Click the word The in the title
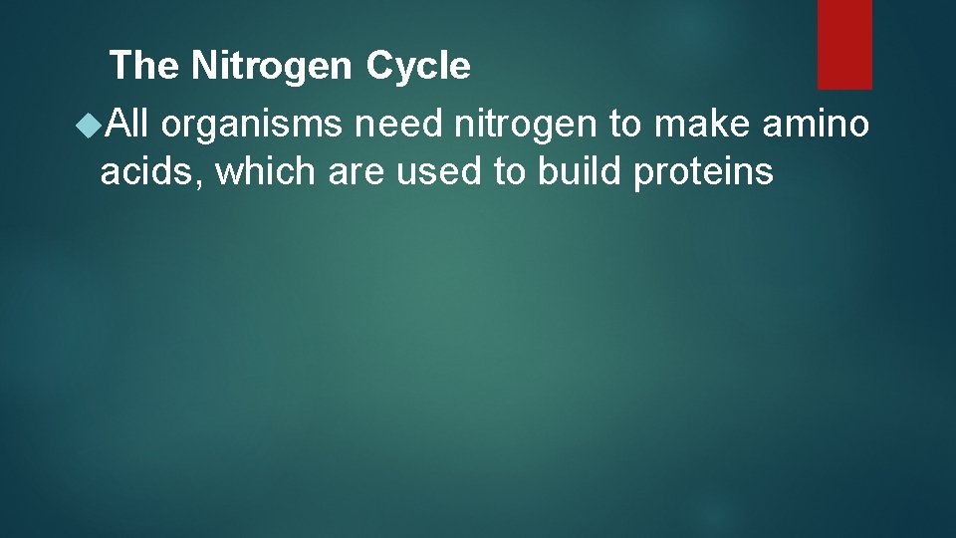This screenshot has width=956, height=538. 145,67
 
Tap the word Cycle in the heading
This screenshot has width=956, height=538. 417,67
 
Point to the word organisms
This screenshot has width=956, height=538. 249,126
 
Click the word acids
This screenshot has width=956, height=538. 148,171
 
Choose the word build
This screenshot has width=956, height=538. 581,171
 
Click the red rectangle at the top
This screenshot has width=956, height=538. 844,44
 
